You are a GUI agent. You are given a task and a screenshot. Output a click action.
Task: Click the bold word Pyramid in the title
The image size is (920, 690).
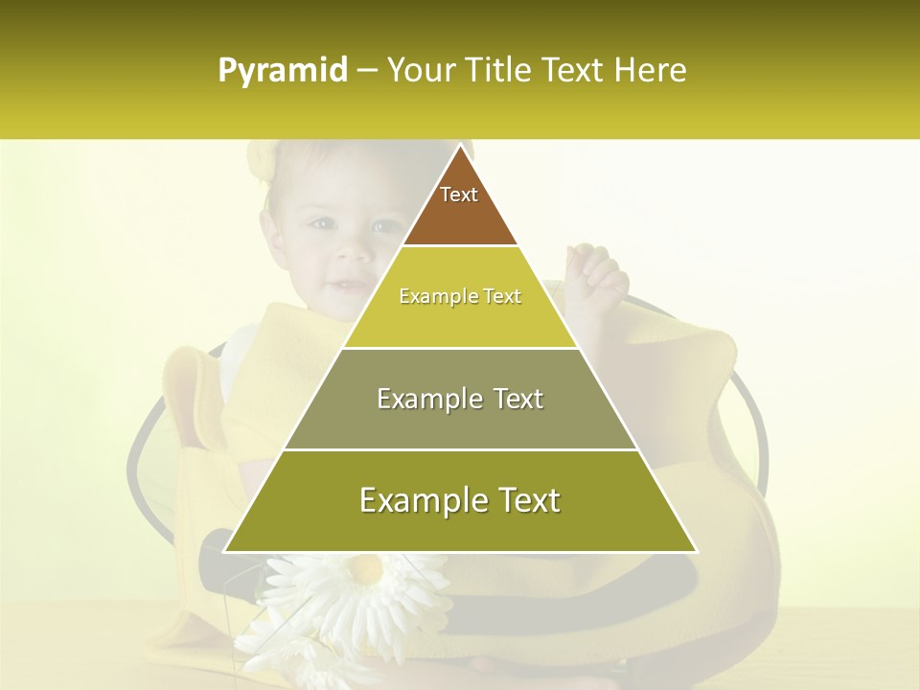coord(283,71)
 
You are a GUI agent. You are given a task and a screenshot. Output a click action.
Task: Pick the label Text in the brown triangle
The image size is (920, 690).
coord(459,195)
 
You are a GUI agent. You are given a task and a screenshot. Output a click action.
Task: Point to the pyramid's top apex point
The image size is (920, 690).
coord(461,145)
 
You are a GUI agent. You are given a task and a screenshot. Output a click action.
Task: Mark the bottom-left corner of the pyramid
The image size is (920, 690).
coord(225,551)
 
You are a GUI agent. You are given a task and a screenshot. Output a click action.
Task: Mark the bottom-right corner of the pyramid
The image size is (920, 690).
coord(696,551)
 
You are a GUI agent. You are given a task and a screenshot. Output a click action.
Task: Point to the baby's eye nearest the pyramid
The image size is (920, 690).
coord(385,227)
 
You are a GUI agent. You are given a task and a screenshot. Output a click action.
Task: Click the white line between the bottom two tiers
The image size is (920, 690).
coord(460,449)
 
